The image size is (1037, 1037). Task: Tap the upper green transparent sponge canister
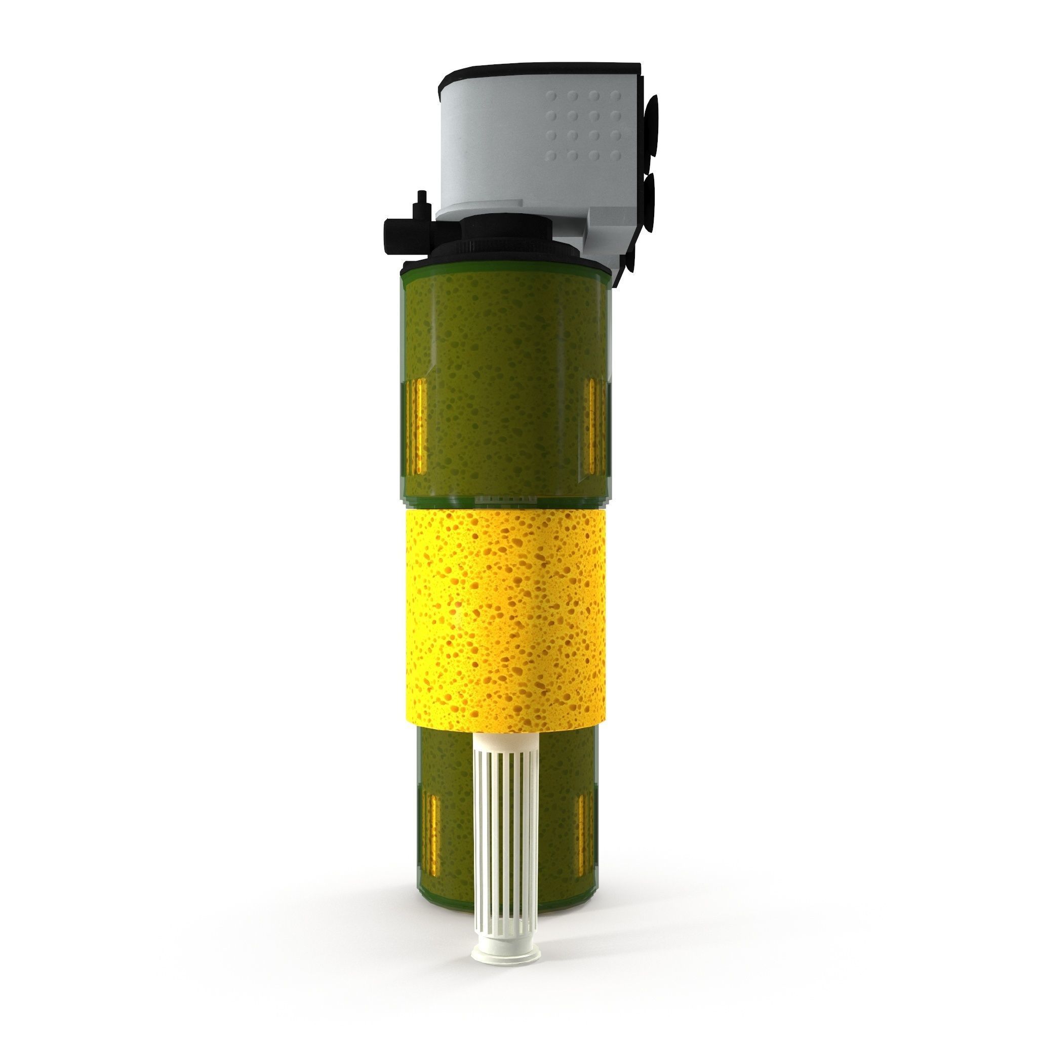click(504, 376)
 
